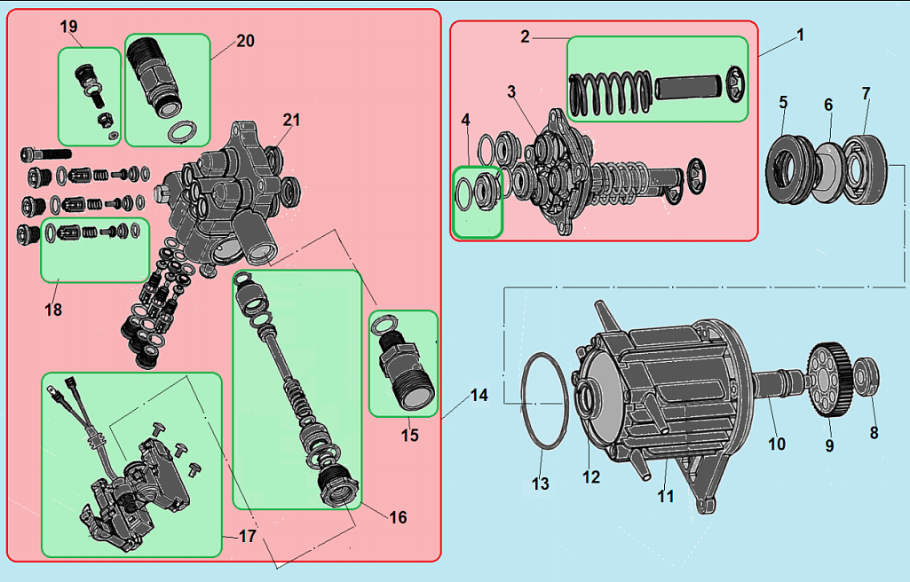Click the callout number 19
point(68,27)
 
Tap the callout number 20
point(246,41)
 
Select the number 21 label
point(291,120)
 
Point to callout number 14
point(479,396)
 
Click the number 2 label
point(526,37)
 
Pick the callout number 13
point(541,484)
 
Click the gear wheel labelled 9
point(829,381)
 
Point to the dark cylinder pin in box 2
point(689,88)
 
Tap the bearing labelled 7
point(865,169)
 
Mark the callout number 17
point(247,536)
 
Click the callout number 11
point(666,496)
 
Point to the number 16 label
point(398,517)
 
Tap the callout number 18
point(53,310)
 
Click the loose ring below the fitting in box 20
point(182,131)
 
